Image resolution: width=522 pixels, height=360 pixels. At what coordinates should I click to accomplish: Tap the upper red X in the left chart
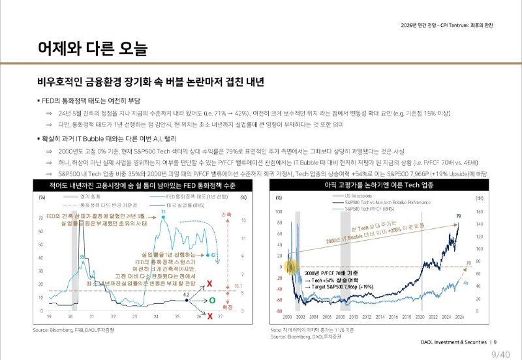pos(210,284)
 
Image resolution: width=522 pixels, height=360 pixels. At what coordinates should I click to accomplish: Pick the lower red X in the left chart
pos(210,316)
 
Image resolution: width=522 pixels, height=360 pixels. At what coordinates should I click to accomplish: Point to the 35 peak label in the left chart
pos(82,256)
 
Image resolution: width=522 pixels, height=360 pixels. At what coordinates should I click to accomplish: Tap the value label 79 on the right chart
pos(459,216)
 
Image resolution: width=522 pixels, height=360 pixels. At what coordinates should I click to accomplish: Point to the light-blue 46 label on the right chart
pos(465,282)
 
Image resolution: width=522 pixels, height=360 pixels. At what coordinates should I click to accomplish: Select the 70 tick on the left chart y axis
pos(42,218)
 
